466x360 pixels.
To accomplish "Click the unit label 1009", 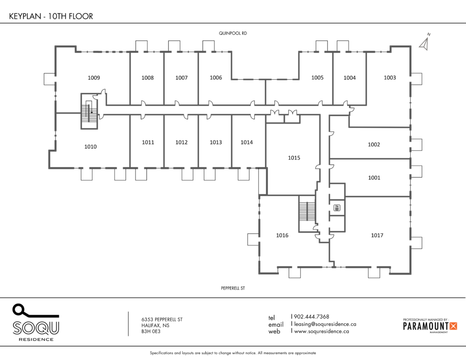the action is (94, 78).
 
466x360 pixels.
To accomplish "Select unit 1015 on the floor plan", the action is (294, 158).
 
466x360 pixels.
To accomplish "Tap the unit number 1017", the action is (377, 235).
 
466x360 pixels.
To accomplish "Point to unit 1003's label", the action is (390, 77).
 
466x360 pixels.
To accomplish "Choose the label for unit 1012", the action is (181, 142).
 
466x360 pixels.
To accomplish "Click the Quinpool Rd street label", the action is (233, 33).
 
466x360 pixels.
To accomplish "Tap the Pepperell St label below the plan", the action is (233, 288).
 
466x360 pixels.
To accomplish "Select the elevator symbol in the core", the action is (337, 208).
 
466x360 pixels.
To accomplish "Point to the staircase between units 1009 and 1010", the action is (89, 112).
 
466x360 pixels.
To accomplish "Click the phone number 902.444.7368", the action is (311, 317).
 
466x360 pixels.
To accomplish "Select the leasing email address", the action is (325, 324).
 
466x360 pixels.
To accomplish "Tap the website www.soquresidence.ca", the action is (322, 331).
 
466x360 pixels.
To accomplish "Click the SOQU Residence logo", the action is (36, 323).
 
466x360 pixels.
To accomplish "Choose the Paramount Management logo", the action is (430, 326).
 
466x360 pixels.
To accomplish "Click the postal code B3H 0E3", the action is (151, 331).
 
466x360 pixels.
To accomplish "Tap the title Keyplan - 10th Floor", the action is (51, 16).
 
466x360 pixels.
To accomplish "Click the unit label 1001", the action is (374, 178).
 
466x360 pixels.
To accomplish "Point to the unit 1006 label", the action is (216, 77).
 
